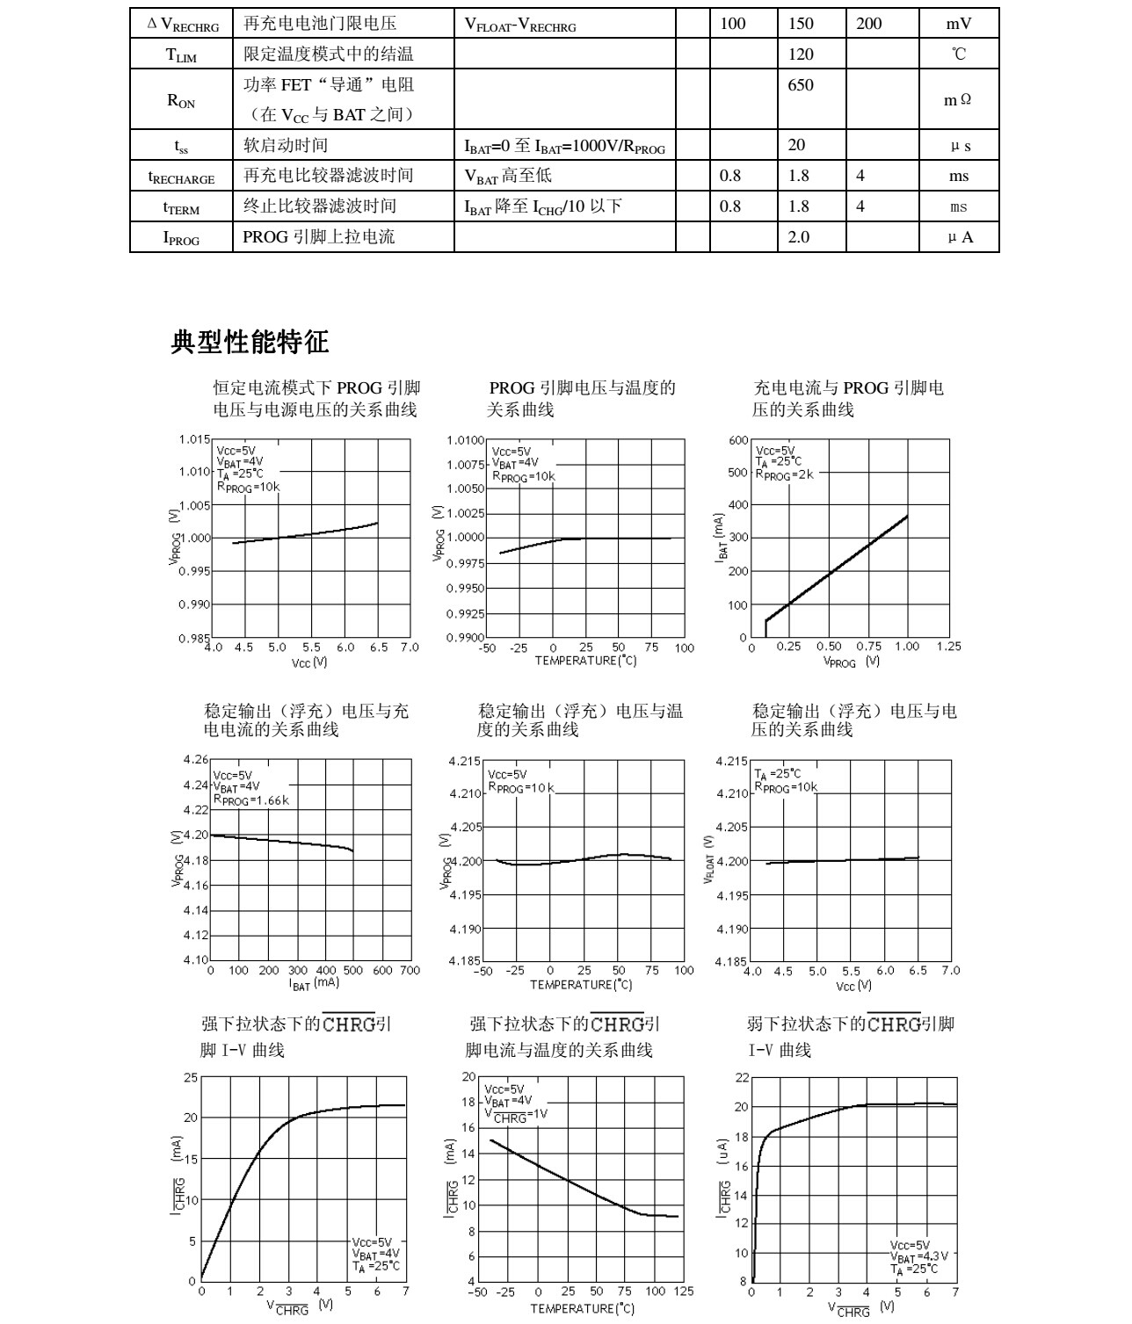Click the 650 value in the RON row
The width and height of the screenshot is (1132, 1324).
(x=801, y=85)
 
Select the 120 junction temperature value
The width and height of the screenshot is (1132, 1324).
(x=801, y=54)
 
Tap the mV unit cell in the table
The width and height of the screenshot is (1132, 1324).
(x=958, y=24)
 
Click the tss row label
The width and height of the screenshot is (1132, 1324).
(x=181, y=146)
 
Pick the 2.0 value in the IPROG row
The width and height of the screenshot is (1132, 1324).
(x=798, y=237)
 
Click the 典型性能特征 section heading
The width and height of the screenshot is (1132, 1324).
(x=250, y=342)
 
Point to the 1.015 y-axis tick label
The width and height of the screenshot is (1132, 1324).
(x=194, y=439)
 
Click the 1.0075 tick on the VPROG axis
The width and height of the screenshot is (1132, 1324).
(x=465, y=464)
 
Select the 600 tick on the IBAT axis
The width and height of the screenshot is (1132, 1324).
(x=738, y=440)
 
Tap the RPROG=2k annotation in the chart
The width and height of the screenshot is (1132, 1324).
(x=784, y=474)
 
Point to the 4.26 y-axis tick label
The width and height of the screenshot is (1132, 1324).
(x=196, y=759)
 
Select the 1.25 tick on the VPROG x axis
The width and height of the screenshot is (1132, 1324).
(x=949, y=647)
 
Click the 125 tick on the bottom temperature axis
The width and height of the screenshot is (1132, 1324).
(x=684, y=1291)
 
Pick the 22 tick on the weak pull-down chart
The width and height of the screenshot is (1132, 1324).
(x=742, y=1078)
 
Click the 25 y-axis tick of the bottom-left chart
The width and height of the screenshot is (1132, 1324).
(x=191, y=1077)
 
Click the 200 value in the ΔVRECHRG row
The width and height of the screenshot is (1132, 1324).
(x=868, y=24)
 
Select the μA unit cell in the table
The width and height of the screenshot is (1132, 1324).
(x=960, y=237)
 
